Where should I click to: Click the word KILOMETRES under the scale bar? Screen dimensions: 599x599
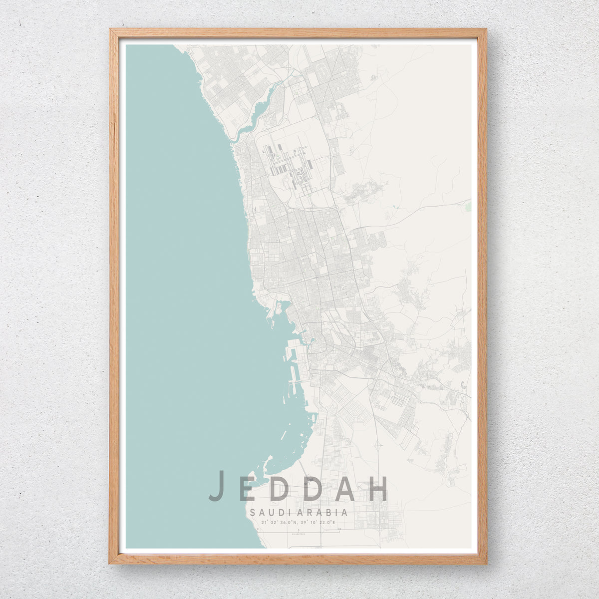[x=299, y=534]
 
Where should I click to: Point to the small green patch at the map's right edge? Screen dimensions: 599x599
[x=468, y=206]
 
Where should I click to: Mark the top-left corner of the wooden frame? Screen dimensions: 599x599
[x=111, y=30]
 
